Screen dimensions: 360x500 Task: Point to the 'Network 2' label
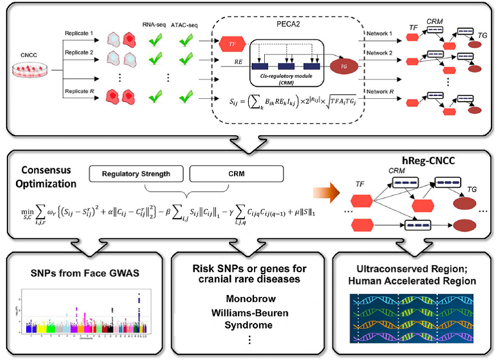[x=380, y=53]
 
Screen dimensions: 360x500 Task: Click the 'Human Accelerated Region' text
[x=414, y=281]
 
